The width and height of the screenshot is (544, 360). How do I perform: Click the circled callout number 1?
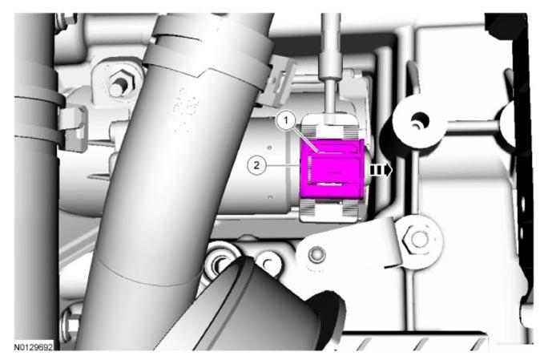(286, 121)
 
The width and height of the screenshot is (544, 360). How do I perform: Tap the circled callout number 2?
(256, 165)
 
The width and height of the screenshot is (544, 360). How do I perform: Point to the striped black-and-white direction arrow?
(381, 170)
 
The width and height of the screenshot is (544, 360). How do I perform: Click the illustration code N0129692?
(34, 347)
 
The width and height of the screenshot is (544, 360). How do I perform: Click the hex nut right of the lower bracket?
(417, 239)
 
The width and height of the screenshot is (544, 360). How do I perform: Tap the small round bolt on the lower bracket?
(316, 255)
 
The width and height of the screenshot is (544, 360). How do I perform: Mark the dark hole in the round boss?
(420, 122)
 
